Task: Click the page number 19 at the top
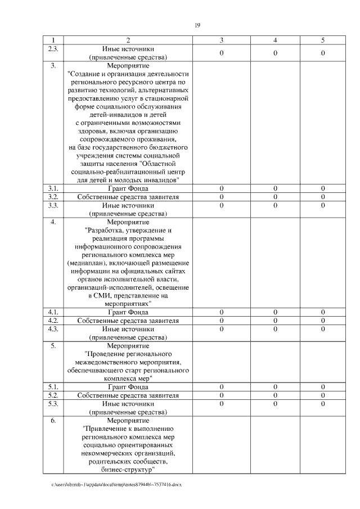coord(197,25)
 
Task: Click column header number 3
coord(222,40)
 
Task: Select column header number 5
coord(323,40)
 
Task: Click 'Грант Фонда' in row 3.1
coord(128,188)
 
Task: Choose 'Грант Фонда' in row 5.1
coord(128,387)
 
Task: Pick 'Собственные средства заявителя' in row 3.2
coord(128,197)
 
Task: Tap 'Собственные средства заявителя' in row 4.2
coord(128,321)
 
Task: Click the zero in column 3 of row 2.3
coord(222,53)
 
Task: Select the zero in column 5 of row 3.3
coord(323,205)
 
